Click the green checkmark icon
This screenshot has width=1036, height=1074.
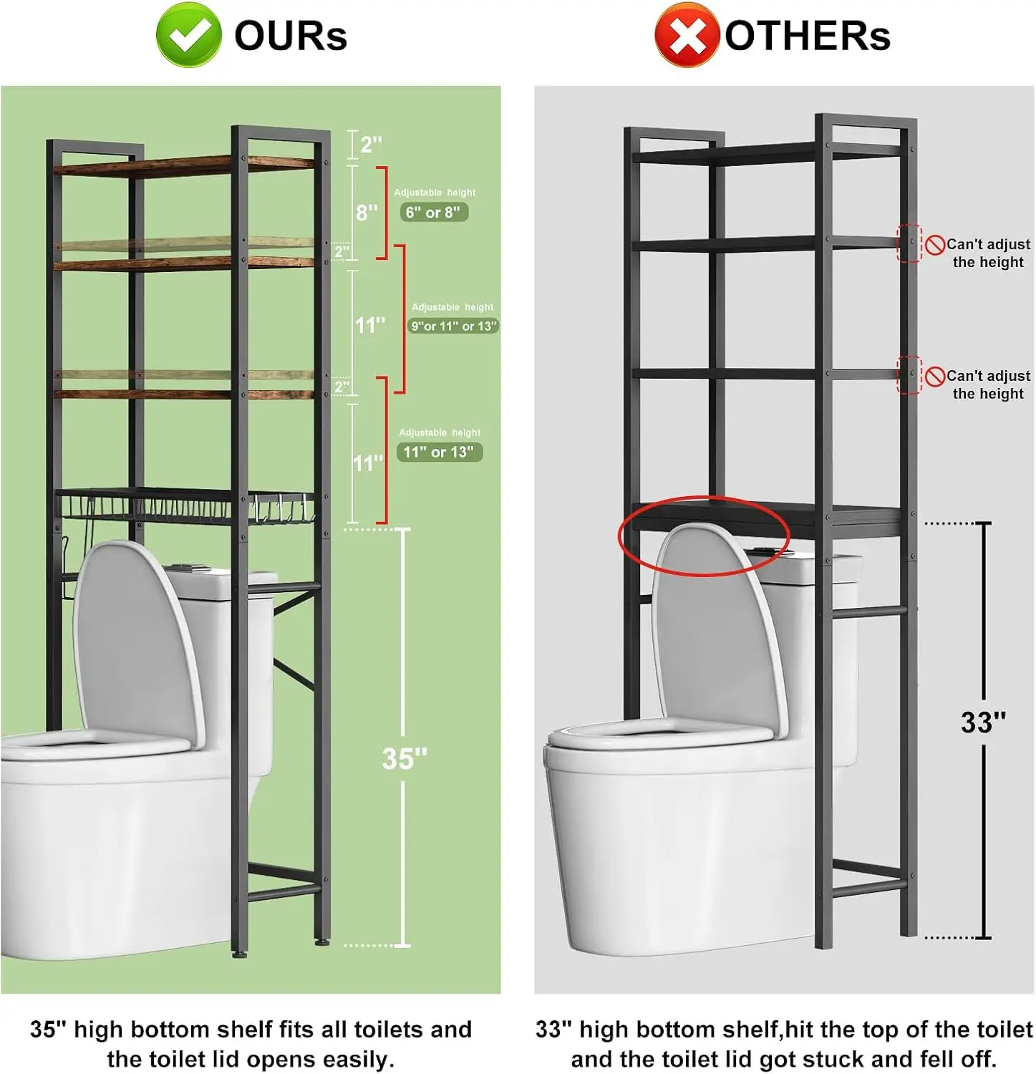pyautogui.click(x=188, y=35)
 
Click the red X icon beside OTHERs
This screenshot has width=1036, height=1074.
pyautogui.click(x=686, y=35)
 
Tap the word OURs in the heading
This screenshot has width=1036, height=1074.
pyautogui.click(x=291, y=36)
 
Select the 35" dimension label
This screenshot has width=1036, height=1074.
pyautogui.click(x=405, y=758)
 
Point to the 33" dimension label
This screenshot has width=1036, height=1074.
pyautogui.click(x=983, y=722)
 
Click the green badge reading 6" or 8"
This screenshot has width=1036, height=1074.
pyautogui.click(x=433, y=213)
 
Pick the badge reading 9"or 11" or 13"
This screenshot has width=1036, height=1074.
pyautogui.click(x=453, y=326)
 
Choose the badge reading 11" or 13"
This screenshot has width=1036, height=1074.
pyautogui.click(x=439, y=453)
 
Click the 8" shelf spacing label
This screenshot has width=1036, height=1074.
pyautogui.click(x=367, y=213)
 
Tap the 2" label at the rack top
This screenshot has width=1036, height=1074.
pyautogui.click(x=371, y=145)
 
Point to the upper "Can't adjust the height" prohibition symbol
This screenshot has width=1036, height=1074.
pyautogui.click(x=934, y=246)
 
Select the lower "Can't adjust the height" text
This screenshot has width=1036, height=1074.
pyautogui.click(x=989, y=384)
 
